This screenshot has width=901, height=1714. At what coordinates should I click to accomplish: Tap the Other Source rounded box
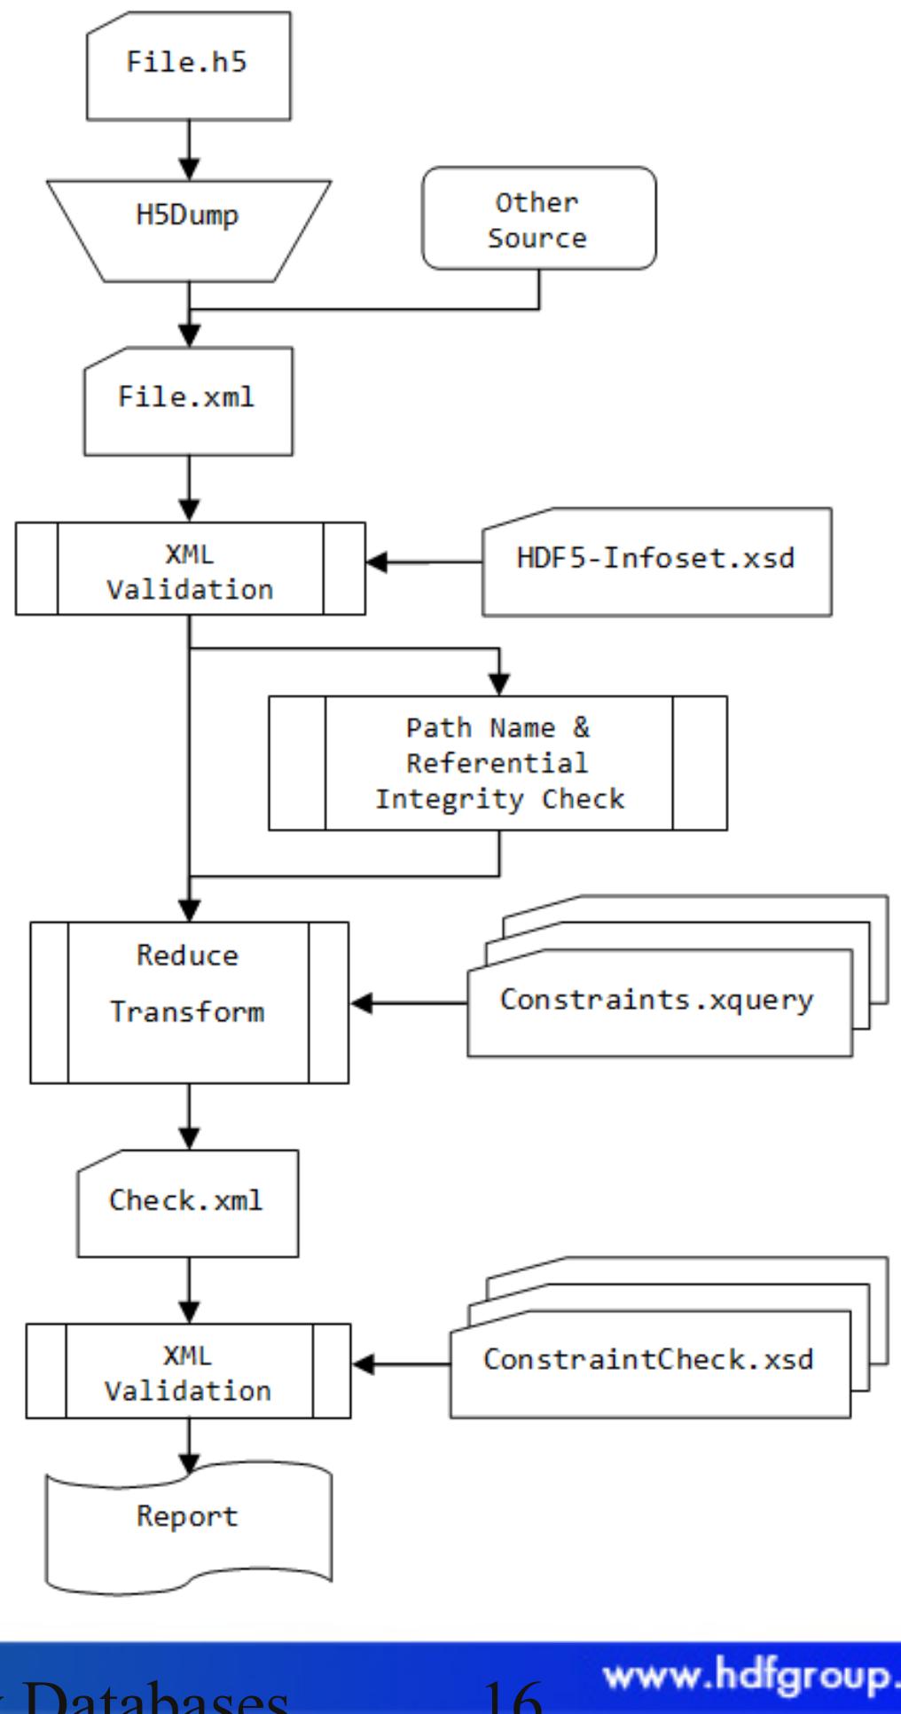537,219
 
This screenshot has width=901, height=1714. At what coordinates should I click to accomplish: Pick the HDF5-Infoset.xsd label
655,559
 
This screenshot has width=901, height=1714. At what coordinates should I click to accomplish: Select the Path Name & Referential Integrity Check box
498,764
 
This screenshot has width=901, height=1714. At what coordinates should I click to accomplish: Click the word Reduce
187,956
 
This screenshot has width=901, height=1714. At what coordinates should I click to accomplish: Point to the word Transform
187,1012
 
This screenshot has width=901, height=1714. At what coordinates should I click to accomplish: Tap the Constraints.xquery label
656,1000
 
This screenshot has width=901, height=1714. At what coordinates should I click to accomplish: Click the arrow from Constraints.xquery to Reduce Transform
409,1004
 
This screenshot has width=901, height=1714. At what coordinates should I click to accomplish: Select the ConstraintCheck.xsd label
648,1360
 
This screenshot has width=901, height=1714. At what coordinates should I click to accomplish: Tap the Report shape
187,1518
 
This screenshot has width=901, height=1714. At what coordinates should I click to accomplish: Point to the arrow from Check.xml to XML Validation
189,1291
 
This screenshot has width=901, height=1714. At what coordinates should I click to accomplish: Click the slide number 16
514,1699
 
